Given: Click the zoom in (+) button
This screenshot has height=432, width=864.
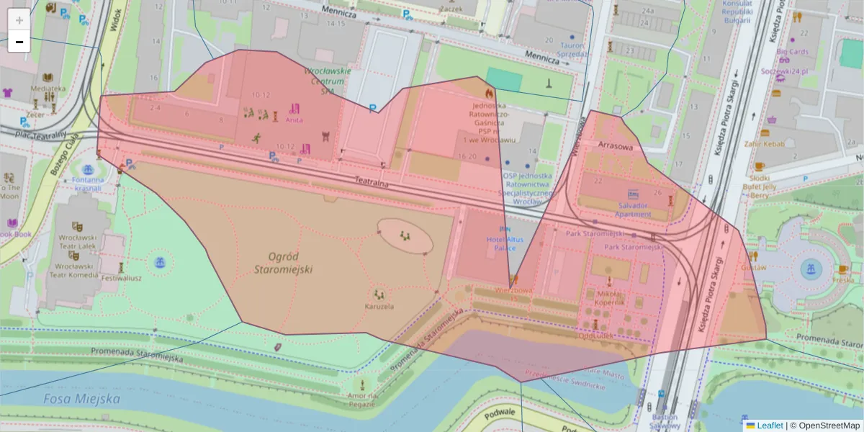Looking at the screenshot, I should pyautogui.click(x=19, y=19).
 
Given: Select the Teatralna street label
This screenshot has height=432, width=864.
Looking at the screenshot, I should pyautogui.click(x=372, y=184).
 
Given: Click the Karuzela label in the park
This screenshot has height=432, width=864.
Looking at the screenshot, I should pyautogui.click(x=379, y=306).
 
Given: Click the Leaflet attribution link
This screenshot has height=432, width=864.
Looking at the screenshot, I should pyautogui.click(x=769, y=426).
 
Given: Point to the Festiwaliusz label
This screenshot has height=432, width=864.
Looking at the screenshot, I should pyautogui.click(x=120, y=277).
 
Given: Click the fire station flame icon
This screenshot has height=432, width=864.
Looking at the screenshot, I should pyautogui.click(x=490, y=93).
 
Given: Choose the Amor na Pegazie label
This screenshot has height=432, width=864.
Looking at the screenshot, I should pyautogui.click(x=362, y=400).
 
